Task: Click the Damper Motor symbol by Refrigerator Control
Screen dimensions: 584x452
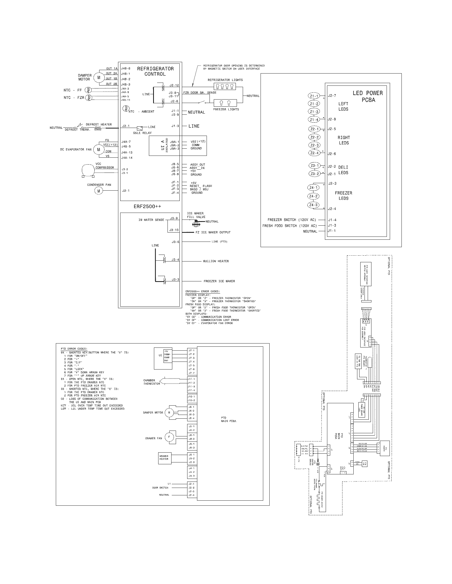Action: [99, 78]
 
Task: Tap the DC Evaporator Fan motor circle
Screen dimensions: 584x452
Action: [98, 149]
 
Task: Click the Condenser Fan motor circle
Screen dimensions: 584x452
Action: [98, 191]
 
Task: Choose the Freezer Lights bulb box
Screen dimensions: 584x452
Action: [225, 103]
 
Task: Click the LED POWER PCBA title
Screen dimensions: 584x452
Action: [368, 96]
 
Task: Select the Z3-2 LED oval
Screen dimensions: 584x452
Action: [314, 174]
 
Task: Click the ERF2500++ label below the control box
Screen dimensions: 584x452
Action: [147, 207]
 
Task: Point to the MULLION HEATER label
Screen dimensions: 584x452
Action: [216, 261]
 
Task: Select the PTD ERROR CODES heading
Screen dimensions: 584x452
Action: [74, 349]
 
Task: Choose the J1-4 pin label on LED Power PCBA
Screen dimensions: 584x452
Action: [332, 220]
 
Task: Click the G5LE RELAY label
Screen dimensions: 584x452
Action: [142, 133]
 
